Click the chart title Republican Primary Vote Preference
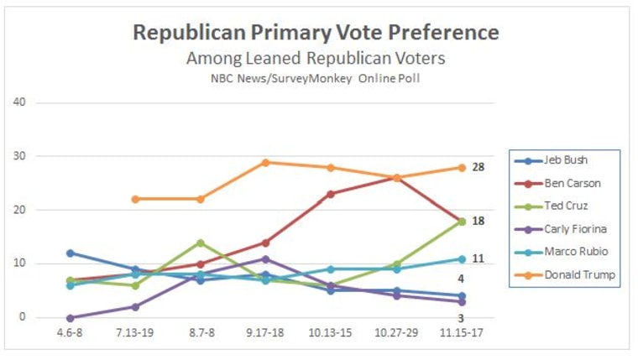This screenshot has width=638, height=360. (316, 33)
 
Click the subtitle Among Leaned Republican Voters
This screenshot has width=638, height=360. (316, 59)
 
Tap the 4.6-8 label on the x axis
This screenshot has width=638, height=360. (70, 334)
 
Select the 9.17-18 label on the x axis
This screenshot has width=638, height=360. (265, 334)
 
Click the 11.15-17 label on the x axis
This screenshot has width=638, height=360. (461, 334)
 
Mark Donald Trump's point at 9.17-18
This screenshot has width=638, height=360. (265, 162)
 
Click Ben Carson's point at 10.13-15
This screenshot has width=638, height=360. (331, 194)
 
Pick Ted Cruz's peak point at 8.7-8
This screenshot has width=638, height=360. (201, 243)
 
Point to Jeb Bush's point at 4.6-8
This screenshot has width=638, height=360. (70, 253)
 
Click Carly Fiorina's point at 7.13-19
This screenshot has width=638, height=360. (135, 306)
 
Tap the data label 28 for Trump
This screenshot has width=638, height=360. (478, 168)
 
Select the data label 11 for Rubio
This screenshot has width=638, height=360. (478, 258)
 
